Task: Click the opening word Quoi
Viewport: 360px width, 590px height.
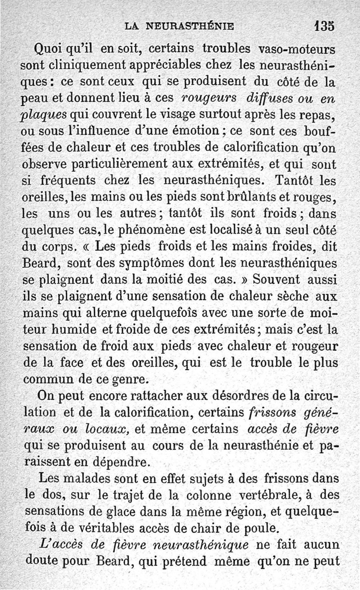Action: click(48, 48)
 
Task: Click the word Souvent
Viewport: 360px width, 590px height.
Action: click(276, 280)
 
